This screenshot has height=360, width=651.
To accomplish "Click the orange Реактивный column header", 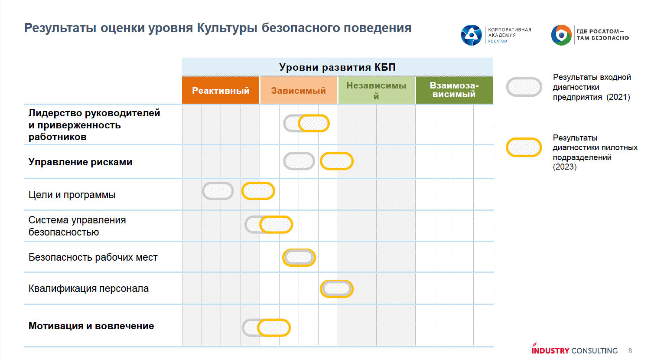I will [x=221, y=91].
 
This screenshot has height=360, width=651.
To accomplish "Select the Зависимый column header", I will [x=299, y=91].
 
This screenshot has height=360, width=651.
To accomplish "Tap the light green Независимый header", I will [x=376, y=91].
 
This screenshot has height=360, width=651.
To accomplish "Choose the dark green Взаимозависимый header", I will [x=454, y=90].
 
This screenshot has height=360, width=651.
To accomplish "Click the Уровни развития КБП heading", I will [x=337, y=67].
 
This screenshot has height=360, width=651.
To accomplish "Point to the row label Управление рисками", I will [x=81, y=162].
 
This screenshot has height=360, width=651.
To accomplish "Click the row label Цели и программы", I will [x=72, y=195].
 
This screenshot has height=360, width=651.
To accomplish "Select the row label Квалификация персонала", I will [x=88, y=288].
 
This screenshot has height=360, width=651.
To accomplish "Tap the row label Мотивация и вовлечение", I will [x=91, y=326].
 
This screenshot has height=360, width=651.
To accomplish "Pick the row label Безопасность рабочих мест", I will [x=93, y=257].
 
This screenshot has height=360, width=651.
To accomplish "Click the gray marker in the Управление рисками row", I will [x=299, y=161].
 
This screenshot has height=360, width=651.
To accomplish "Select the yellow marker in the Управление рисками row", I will [x=337, y=161].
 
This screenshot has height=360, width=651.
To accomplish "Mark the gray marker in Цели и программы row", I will [x=218, y=191].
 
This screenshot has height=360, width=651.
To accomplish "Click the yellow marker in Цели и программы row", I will [x=258, y=191].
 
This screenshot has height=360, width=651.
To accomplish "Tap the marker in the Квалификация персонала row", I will [x=337, y=289].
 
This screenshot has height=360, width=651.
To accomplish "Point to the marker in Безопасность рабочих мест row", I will [x=299, y=258].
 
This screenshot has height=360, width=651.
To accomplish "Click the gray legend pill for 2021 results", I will [x=524, y=87].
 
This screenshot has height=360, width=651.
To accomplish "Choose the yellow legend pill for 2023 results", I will [x=524, y=147].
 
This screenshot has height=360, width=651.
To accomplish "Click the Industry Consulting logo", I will [x=574, y=350].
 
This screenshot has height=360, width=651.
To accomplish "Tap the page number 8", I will [x=630, y=350].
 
